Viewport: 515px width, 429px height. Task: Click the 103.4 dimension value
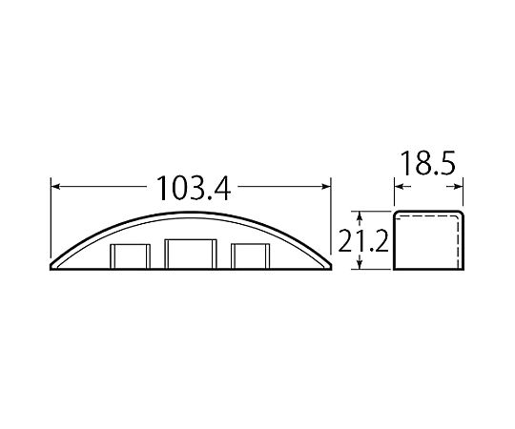point(194,188)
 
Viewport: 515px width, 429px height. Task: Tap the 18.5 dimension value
point(428,163)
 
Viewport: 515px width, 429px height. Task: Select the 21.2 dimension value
point(363,241)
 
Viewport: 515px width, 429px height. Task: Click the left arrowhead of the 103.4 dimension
point(56,187)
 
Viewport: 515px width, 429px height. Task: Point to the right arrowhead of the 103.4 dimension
point(326,187)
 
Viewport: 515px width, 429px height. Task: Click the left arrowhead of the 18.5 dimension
point(399,187)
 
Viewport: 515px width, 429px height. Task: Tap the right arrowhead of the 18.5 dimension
point(458,187)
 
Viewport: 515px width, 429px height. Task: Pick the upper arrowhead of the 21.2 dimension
point(360,216)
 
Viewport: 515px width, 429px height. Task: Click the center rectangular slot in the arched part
point(191,255)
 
